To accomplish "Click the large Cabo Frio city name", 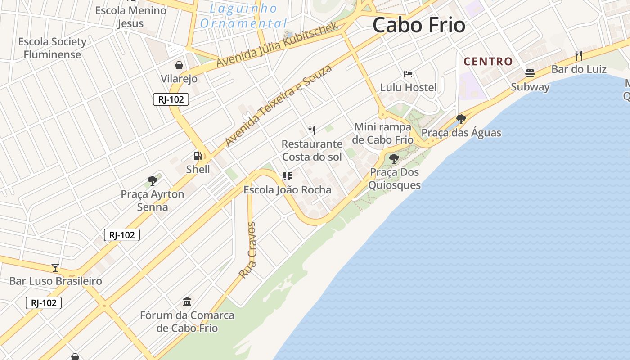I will pyautogui.click(x=418, y=25).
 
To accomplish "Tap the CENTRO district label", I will pyautogui.click(x=488, y=62).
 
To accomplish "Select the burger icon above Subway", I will pyautogui.click(x=530, y=73).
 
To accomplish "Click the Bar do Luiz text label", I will pyautogui.click(x=579, y=69).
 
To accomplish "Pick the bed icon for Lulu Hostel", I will pyautogui.click(x=408, y=74).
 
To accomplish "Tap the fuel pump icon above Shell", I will pyautogui.click(x=198, y=156).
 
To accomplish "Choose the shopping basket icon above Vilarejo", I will pyautogui.click(x=179, y=65).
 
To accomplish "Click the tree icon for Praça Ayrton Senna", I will pyautogui.click(x=153, y=181).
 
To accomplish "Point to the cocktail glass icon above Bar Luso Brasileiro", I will pyautogui.click(x=55, y=268).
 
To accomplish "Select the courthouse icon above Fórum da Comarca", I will pyautogui.click(x=187, y=301).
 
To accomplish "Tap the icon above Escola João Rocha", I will pyautogui.click(x=287, y=176).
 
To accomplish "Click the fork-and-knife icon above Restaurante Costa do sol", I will pyautogui.click(x=312, y=130).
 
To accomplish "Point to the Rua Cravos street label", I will pyautogui.click(x=248, y=250).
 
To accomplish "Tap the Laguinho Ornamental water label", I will pyautogui.click(x=243, y=16).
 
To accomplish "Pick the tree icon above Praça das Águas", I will pyautogui.click(x=461, y=119).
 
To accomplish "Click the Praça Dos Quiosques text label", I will pyautogui.click(x=394, y=179).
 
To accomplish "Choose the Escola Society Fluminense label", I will pyautogui.click(x=52, y=48).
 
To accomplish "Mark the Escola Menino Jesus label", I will pyautogui.click(x=130, y=17).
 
